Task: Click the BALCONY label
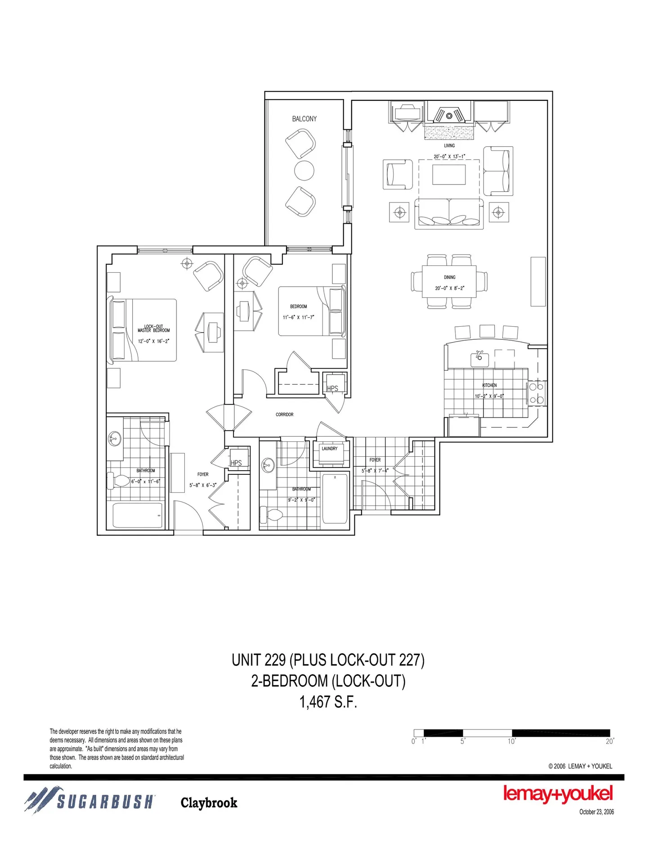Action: [x=304, y=119]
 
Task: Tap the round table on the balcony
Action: [x=304, y=171]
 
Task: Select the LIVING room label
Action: [x=449, y=145]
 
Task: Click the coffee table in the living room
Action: [x=449, y=175]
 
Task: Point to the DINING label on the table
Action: [x=449, y=277]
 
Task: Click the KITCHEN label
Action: [x=489, y=385]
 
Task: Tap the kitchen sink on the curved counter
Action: [x=479, y=359]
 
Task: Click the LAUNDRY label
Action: [x=330, y=449]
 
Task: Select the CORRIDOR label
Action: [x=285, y=414]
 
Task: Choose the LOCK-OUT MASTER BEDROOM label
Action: [x=154, y=328]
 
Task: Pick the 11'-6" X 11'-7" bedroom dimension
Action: [x=299, y=317]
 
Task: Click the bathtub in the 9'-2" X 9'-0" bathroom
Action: [x=335, y=499]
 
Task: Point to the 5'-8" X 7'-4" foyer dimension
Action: [x=375, y=471]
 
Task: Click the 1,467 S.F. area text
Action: [x=328, y=702]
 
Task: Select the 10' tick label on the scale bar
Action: [x=512, y=741]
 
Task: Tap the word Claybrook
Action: [x=209, y=803]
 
